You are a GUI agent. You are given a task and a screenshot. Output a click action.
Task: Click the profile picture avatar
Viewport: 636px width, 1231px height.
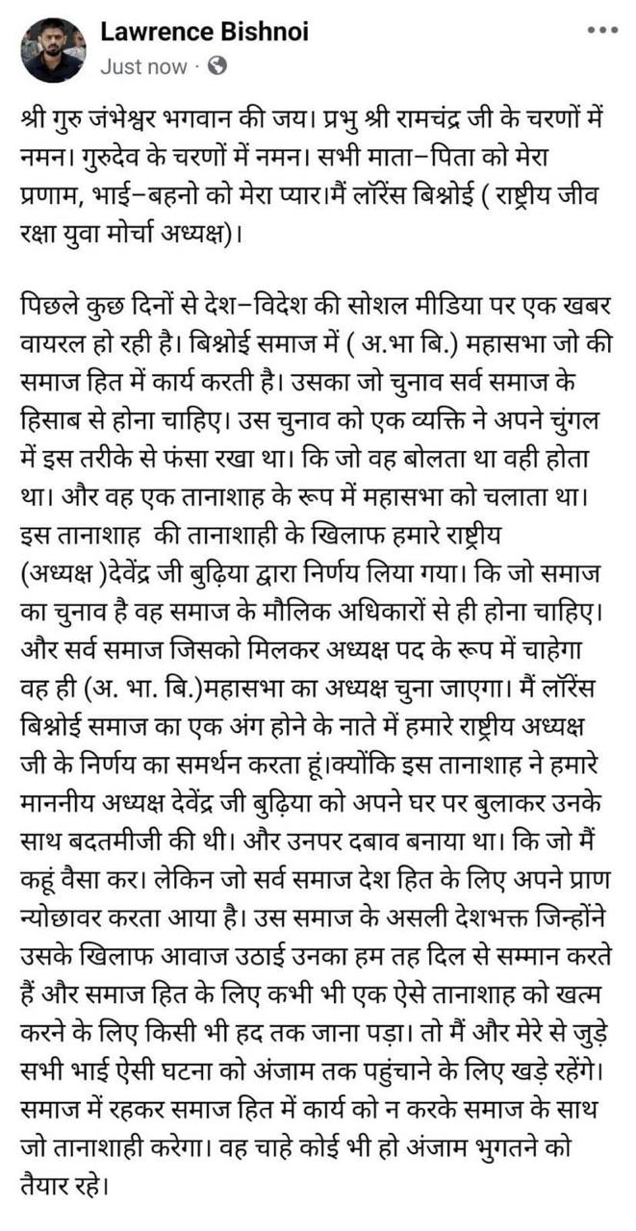[51, 49]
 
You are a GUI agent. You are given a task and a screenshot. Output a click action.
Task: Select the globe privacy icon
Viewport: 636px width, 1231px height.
[217, 66]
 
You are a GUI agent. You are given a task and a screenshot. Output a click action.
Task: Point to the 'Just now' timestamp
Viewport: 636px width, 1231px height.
[143, 66]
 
